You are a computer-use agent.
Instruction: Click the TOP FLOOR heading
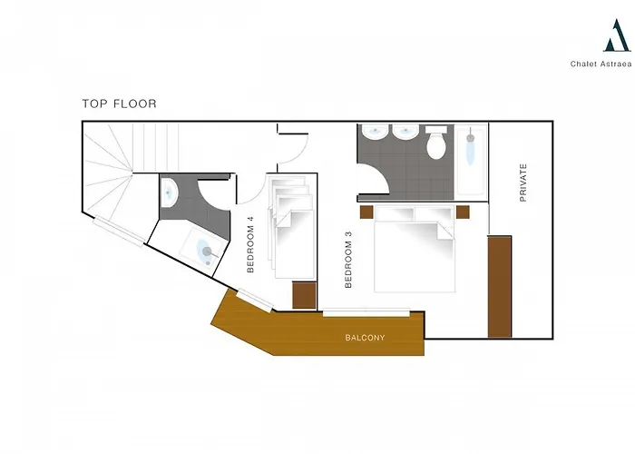pos(119,104)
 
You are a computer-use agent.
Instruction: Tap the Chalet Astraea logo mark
pos(617,35)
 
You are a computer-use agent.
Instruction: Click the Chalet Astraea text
pos(601,64)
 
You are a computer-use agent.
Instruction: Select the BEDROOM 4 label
pos(250,244)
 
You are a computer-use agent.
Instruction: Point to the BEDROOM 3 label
pos(348,260)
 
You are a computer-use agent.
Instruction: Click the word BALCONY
pos(365,338)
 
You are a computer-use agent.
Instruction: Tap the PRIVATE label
pos(523,183)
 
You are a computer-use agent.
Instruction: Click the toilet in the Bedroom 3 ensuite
pos(435,143)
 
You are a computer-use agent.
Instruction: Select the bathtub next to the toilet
pos(471,160)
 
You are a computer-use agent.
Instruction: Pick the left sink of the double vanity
pos(375,132)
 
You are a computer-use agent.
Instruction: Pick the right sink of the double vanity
pos(405,132)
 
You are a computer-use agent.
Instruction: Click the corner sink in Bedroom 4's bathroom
pos(169,192)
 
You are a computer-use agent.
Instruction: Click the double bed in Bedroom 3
pos(414,249)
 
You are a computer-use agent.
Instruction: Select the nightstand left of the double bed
pos(366,212)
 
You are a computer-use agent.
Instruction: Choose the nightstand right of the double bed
pos(463,212)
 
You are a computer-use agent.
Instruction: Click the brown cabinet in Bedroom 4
pos(304,295)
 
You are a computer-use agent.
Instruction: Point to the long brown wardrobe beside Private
pos(499,287)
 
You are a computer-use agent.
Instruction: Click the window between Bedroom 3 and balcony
pos(366,312)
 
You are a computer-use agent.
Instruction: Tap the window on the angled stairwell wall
pos(119,232)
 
